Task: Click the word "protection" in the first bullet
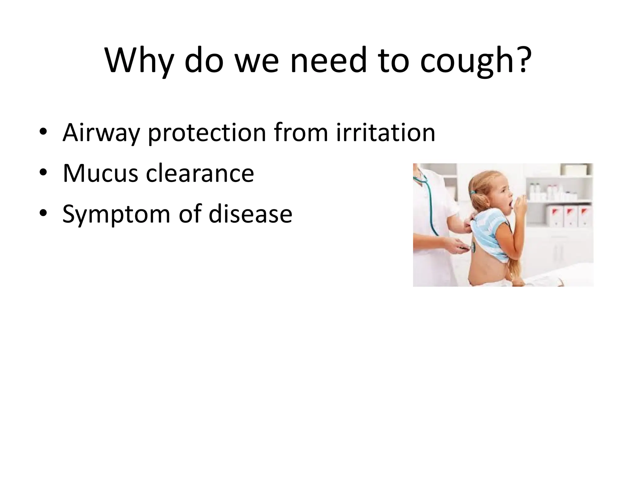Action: [x=207, y=133]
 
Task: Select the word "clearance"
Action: [x=200, y=173]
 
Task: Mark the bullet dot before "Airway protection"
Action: [x=43, y=132]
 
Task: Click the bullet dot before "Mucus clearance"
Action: [x=43, y=172]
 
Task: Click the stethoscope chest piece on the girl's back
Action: [x=473, y=247]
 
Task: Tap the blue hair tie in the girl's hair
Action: [x=473, y=193]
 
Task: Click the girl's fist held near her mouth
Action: [x=522, y=205]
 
